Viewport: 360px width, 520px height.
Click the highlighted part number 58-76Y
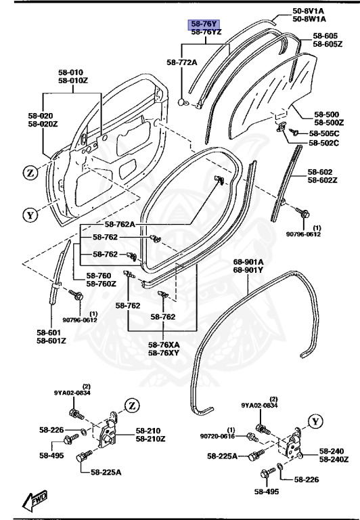click(204, 24)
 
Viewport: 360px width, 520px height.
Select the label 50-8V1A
click(308, 11)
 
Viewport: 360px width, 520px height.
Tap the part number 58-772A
click(181, 62)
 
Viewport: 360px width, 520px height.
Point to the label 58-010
click(70, 72)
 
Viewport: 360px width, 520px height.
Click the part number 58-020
click(41, 116)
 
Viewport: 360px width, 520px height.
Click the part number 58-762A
click(120, 224)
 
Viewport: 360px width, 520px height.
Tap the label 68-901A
click(248, 262)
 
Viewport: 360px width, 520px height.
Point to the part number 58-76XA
click(164, 344)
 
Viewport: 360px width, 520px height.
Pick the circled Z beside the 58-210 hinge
click(130, 406)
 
